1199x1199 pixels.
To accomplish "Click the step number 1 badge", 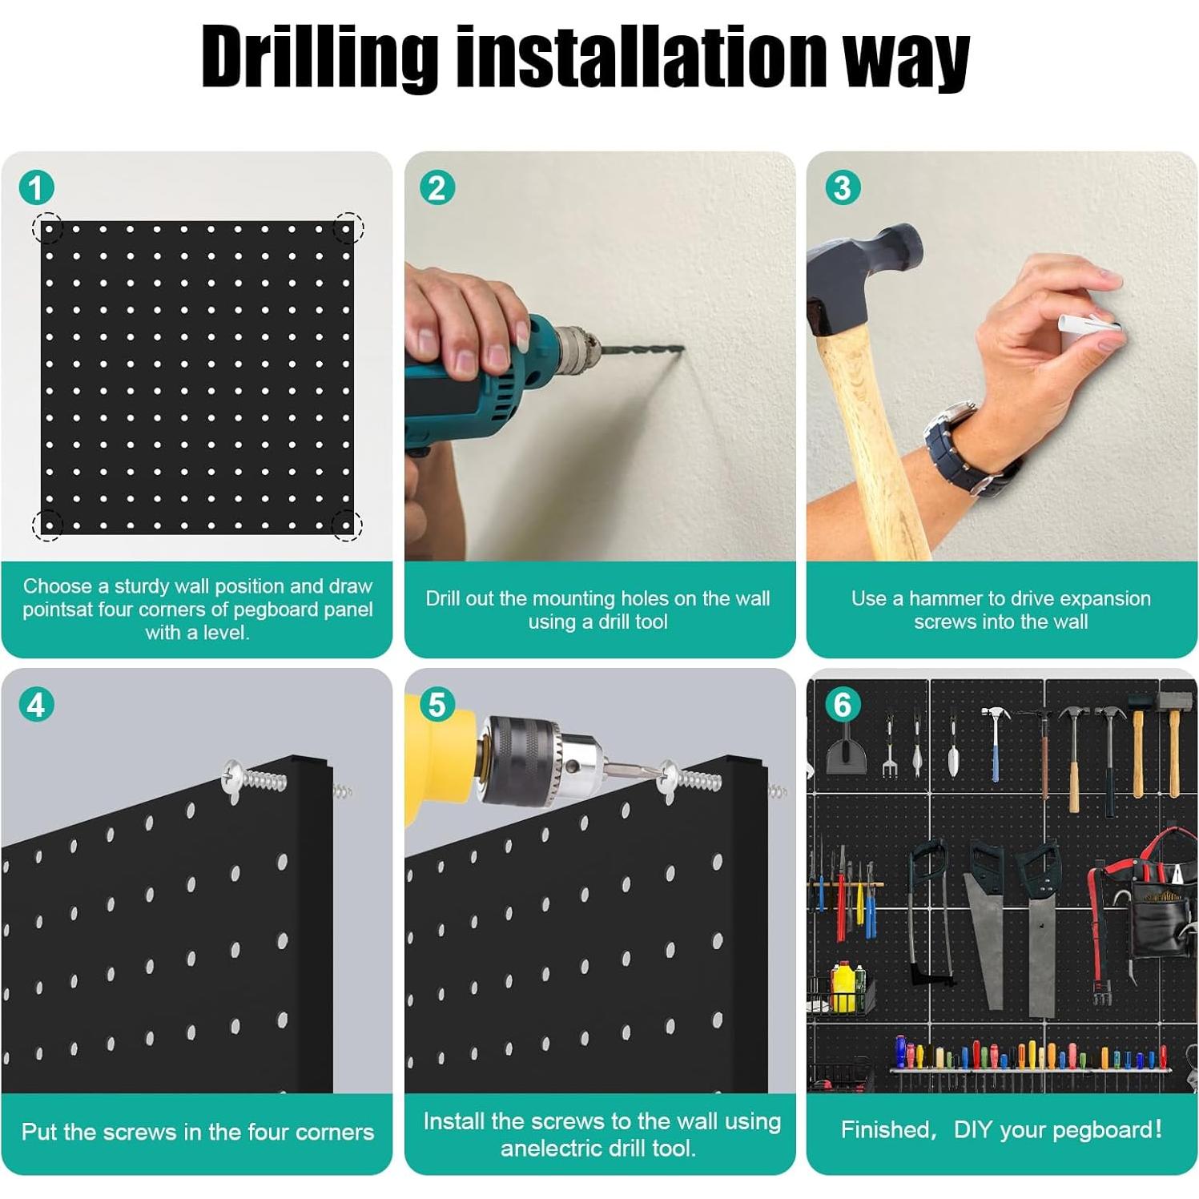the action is coord(36,188).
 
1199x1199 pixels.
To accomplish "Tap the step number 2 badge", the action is coord(437,188).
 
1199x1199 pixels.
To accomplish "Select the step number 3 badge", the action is coord(843,188).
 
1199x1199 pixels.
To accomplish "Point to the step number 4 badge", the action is coord(36,705).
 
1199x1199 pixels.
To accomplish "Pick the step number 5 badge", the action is coord(437,705).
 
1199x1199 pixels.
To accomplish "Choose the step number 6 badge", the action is coord(843,705).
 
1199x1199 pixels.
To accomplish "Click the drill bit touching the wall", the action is coord(642,350).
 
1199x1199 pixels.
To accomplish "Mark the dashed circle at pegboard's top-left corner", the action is coord(47,228).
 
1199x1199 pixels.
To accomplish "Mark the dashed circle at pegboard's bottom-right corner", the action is coord(347,525).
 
